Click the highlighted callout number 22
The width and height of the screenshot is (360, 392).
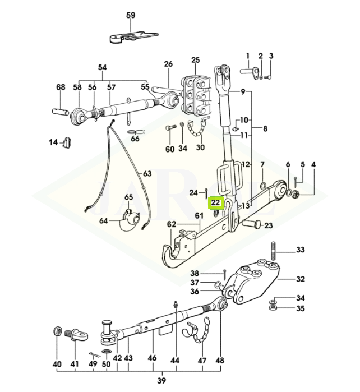click(x=216, y=202)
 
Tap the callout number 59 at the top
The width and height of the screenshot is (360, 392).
click(x=131, y=15)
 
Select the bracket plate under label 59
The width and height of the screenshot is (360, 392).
click(x=133, y=37)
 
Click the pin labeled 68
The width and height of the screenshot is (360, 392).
click(x=60, y=111)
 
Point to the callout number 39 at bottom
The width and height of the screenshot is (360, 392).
click(x=161, y=381)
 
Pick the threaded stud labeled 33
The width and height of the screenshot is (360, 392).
click(x=274, y=251)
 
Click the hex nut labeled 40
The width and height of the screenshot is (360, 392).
click(x=58, y=331)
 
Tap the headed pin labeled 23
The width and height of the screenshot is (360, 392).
click(x=252, y=223)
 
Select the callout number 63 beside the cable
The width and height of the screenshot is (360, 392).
click(x=147, y=173)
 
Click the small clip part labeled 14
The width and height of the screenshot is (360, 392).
click(x=67, y=142)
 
